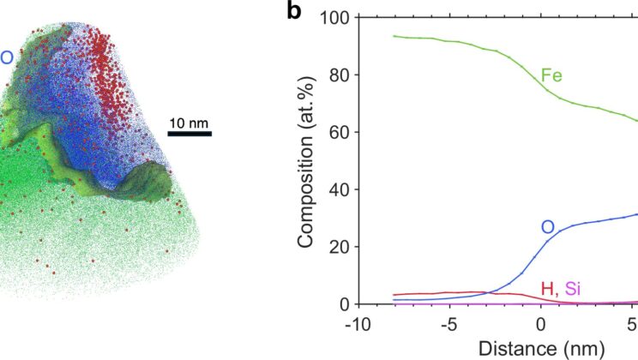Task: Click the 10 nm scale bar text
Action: pyautogui.click(x=190, y=123)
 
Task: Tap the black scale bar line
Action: pyautogui.click(x=190, y=133)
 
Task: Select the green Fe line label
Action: pyautogui.click(x=551, y=75)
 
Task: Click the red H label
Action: pyautogui.click(x=546, y=288)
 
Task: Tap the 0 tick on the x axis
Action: pyautogui.click(x=540, y=324)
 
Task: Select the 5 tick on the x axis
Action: pyautogui.click(x=632, y=324)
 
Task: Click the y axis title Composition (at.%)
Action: pyautogui.click(x=306, y=160)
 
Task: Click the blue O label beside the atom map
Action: pyautogui.click(x=7, y=57)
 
